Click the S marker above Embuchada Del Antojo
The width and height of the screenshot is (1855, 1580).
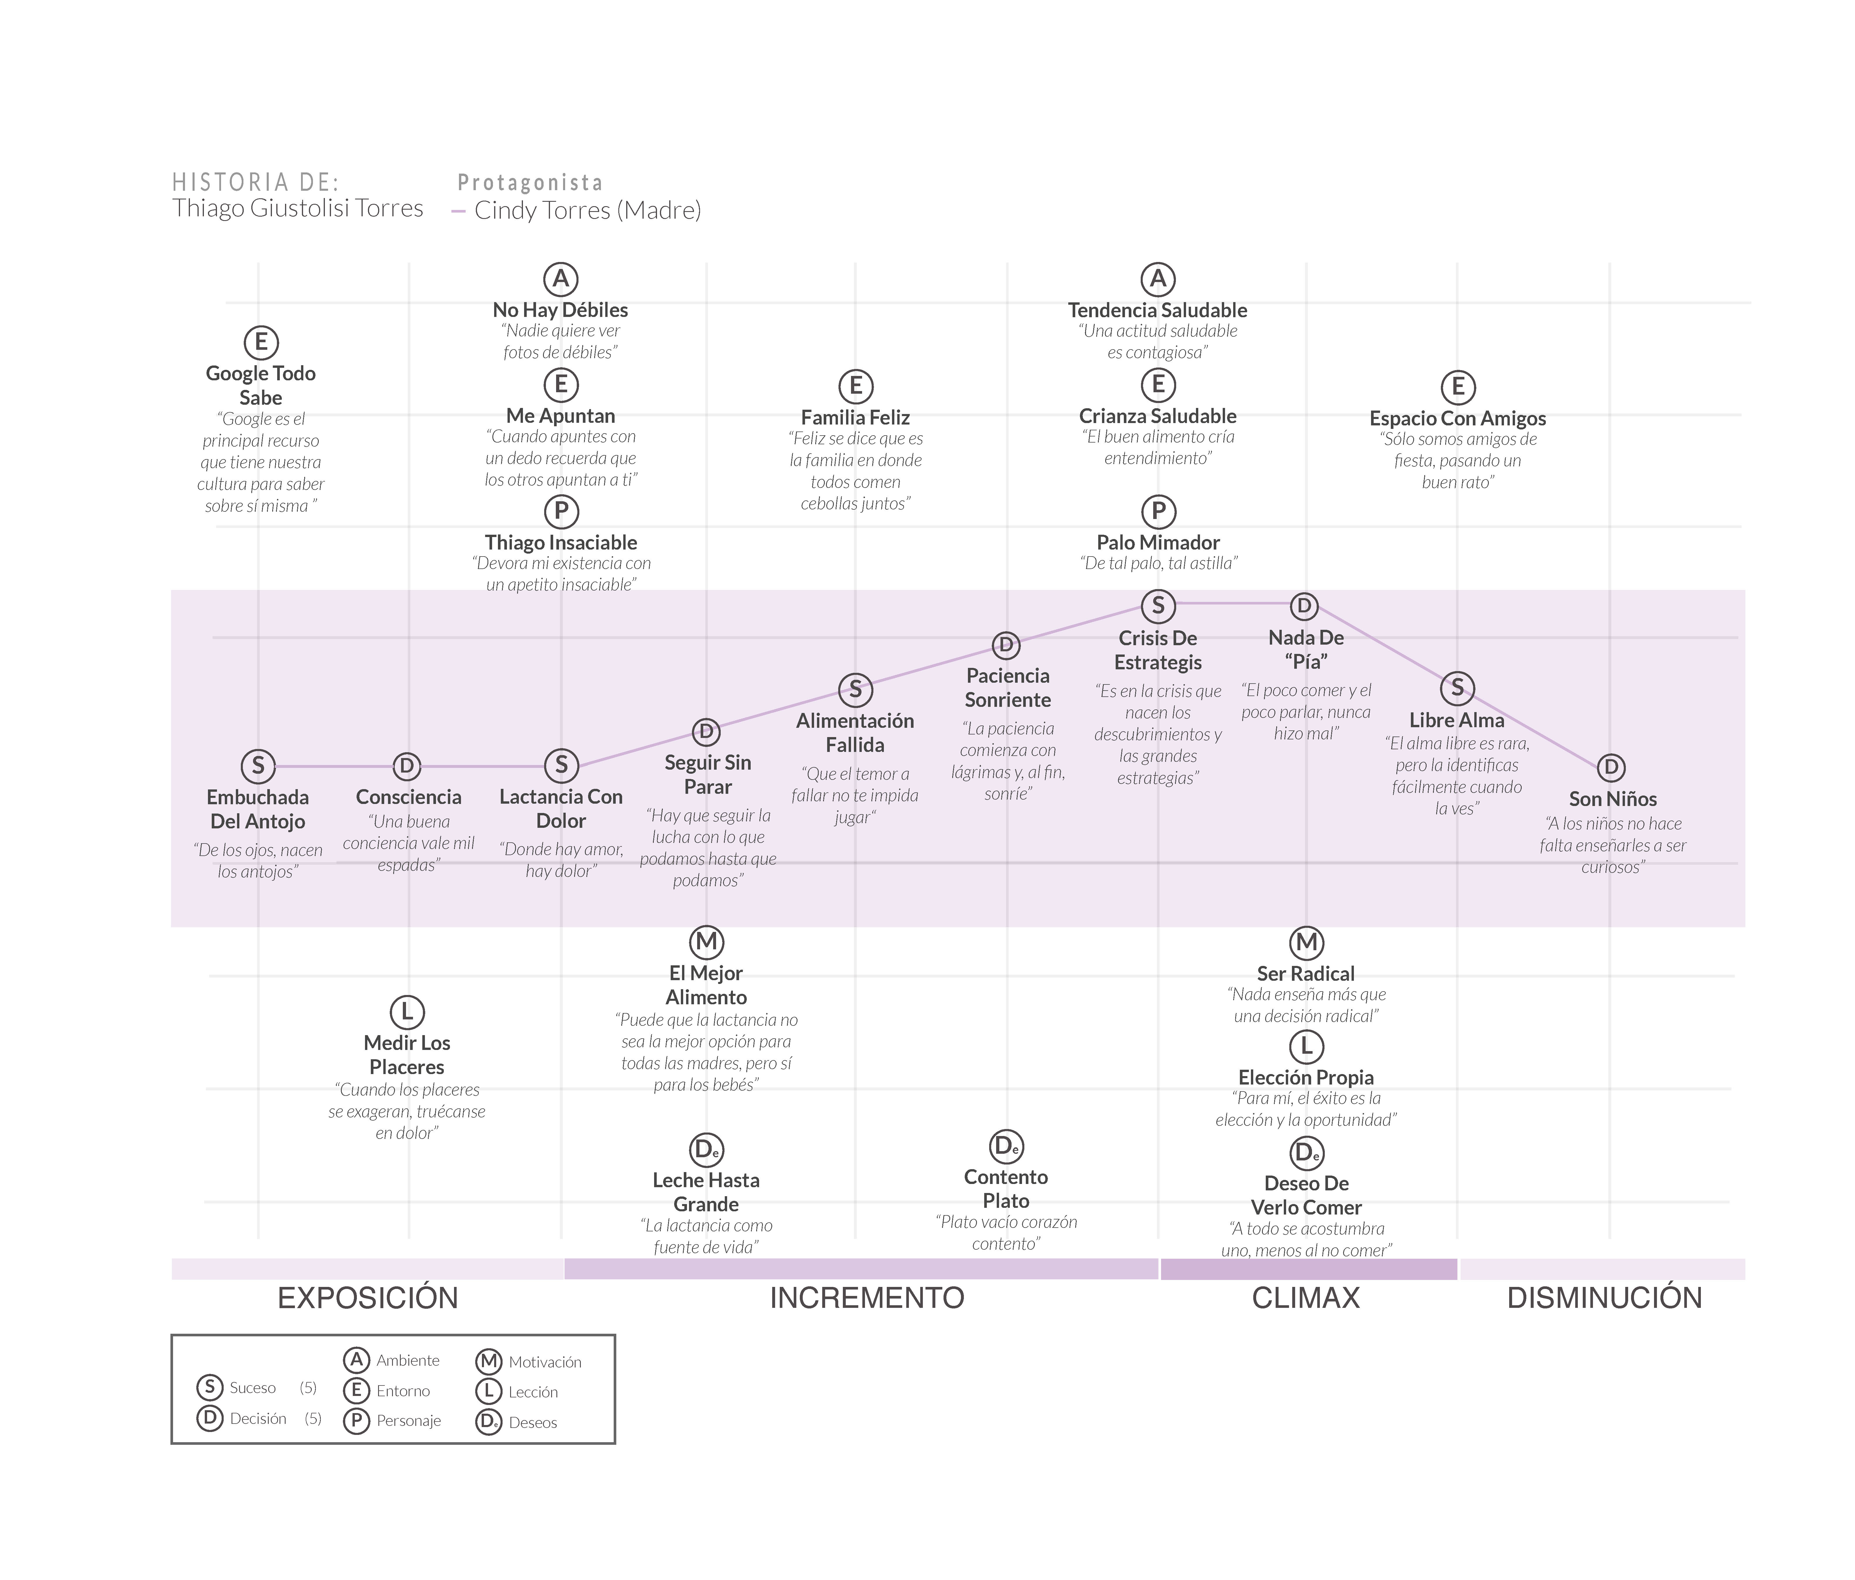[258, 766]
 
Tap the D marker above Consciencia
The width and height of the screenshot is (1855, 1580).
[407, 766]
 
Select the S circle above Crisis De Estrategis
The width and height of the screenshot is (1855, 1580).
[1158, 606]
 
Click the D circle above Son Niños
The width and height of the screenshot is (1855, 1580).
[1611, 767]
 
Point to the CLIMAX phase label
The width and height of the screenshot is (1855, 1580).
[1305, 1297]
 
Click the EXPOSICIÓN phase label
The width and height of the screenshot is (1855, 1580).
[368, 1297]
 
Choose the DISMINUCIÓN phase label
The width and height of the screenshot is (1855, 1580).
[1604, 1297]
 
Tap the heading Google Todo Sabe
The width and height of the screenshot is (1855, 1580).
[261, 385]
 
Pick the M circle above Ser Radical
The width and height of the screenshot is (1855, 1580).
[1306, 943]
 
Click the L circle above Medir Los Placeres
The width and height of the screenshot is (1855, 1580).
[407, 1012]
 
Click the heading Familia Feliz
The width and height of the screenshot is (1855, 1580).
[855, 417]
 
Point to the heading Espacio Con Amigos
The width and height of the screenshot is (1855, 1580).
[1457, 418]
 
